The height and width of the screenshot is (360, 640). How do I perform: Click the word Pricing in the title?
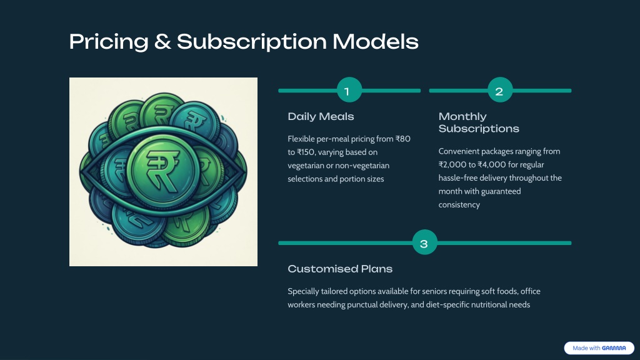109,42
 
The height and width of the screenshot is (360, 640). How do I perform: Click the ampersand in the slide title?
162,42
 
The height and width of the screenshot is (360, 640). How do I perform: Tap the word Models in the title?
376,42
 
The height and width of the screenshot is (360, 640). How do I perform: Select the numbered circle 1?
349,90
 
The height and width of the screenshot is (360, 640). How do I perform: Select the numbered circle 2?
500,90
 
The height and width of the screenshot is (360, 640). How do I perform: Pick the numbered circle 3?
424,242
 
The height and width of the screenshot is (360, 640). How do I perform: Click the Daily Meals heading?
321,117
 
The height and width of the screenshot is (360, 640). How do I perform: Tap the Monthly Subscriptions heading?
479,122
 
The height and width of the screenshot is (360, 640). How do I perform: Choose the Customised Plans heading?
340,269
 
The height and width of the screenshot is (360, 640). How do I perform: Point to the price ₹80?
403,139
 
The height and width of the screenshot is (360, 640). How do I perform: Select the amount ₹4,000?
491,165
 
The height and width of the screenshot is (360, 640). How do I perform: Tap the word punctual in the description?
362,305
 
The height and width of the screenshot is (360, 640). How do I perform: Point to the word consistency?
459,205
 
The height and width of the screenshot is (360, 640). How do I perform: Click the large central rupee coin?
163,170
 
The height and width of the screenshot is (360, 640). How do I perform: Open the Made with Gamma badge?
599,348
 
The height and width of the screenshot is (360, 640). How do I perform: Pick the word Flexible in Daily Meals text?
301,139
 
